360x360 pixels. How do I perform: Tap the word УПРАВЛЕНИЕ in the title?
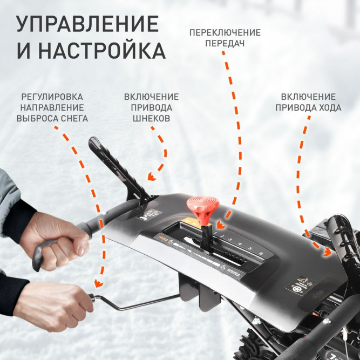(x=87, y=24)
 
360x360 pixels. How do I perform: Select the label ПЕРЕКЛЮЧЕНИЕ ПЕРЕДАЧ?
(x=225, y=38)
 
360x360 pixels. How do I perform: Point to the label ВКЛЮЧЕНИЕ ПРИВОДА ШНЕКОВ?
(x=151, y=107)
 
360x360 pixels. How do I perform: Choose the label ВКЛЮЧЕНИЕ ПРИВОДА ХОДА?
(x=308, y=102)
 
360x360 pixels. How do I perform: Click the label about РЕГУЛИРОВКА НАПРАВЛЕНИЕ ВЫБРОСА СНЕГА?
(x=52, y=107)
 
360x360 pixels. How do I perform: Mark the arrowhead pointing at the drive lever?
(x=327, y=252)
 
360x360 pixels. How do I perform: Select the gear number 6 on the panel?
(x=260, y=253)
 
